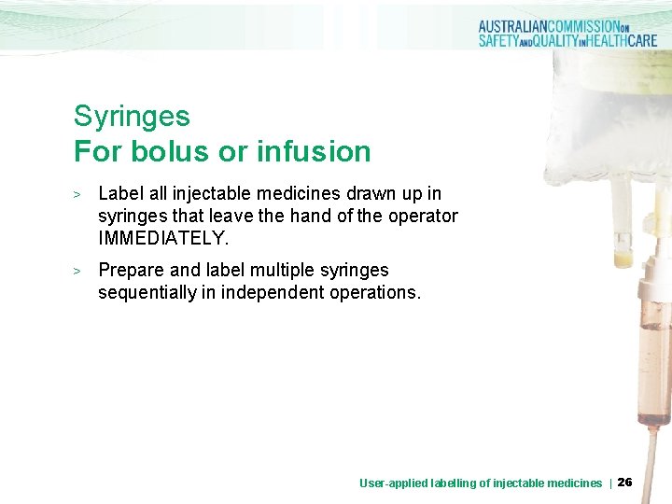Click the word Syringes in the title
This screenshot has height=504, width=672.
pos(132,118)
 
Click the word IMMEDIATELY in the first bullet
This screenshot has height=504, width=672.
pos(162,238)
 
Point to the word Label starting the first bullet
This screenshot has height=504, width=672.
pos(120,193)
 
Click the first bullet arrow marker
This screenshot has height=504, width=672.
pos(79,194)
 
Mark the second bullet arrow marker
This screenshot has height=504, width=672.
pos(79,271)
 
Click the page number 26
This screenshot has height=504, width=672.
pos(625,483)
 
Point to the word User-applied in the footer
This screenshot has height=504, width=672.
pos(394,483)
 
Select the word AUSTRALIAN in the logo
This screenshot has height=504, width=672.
pos(523,27)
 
